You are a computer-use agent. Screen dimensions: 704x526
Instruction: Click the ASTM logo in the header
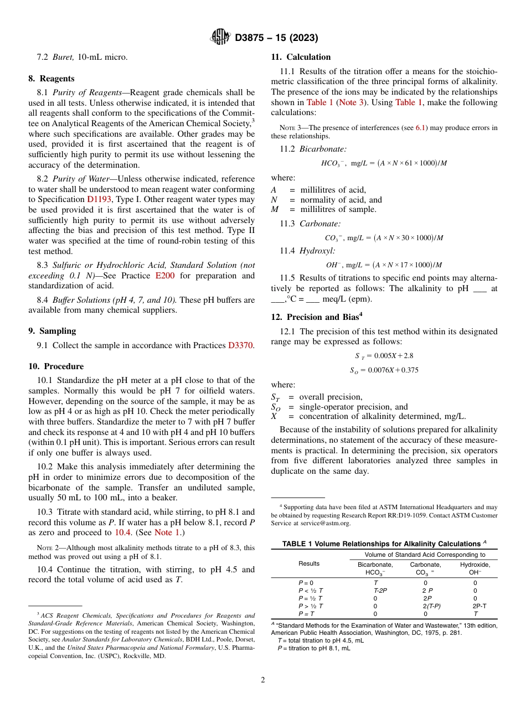point(220,38)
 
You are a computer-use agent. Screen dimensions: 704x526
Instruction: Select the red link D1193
point(99,199)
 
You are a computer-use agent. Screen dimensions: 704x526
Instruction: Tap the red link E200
point(164,276)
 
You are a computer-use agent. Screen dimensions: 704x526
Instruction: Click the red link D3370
point(240,345)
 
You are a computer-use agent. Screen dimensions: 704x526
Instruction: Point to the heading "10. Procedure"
point(56,366)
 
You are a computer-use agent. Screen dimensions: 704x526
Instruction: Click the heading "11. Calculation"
point(301,57)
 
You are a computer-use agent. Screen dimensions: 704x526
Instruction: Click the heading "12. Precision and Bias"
point(316,317)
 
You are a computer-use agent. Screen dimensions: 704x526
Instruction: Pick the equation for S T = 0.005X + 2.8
point(384,356)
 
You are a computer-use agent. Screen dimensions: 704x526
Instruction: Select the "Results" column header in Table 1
point(309,563)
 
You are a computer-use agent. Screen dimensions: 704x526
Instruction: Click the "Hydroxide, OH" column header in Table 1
point(475,568)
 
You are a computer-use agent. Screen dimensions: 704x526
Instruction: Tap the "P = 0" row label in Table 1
point(306,583)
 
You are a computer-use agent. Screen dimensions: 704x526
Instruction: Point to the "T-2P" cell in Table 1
point(380,591)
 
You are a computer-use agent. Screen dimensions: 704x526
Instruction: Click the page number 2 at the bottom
point(263,680)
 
